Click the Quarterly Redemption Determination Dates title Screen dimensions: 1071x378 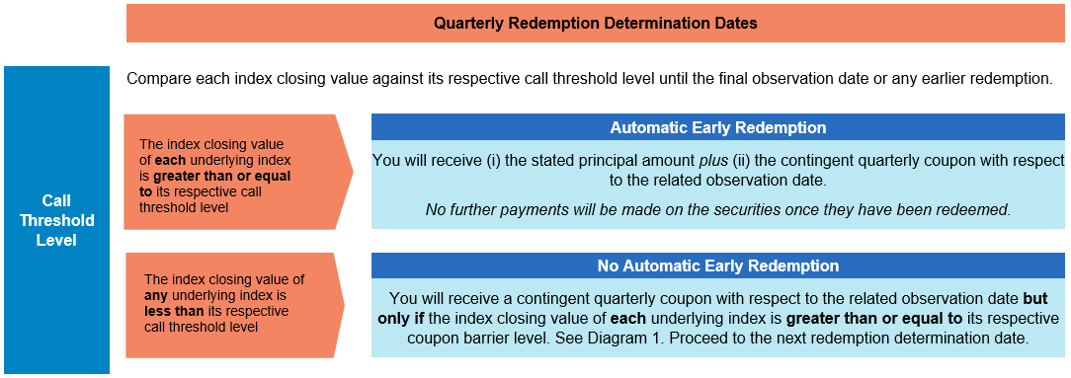[x=595, y=24]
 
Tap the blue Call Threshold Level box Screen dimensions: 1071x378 [x=56, y=220]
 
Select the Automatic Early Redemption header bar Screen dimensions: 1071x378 [x=718, y=127]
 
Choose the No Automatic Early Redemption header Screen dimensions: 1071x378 [x=718, y=265]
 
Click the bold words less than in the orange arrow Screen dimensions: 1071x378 [x=167, y=311]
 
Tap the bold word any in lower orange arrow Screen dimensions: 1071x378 [x=155, y=296]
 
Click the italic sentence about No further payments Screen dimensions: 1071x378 [x=718, y=209]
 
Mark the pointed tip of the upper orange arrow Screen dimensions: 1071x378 [x=353, y=172]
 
